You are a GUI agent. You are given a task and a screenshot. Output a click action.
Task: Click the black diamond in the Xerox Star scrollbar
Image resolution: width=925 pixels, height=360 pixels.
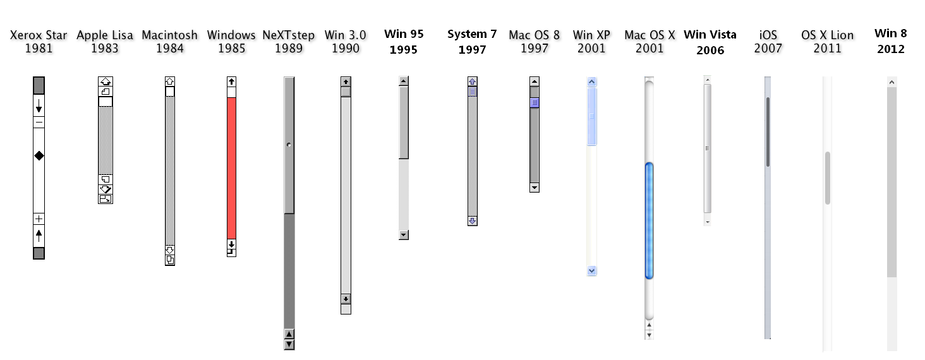39,155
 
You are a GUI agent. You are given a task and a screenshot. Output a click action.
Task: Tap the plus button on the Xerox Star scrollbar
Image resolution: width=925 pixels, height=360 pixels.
39,219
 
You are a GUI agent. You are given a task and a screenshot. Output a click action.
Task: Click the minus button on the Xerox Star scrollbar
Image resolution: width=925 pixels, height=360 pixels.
39,123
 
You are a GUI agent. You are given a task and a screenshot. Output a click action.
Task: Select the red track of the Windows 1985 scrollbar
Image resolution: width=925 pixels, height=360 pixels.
231,168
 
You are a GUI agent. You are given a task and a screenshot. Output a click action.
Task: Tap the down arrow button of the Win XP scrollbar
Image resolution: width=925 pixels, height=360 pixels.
592,270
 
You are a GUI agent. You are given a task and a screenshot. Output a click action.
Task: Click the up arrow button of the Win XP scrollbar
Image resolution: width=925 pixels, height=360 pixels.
592,81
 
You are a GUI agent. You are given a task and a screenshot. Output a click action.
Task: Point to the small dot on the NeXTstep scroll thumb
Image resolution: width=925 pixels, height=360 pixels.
289,145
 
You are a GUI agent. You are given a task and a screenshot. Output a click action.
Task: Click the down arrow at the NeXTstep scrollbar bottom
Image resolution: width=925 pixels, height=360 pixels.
289,344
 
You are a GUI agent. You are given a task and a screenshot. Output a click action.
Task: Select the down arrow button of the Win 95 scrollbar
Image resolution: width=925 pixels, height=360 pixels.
404,235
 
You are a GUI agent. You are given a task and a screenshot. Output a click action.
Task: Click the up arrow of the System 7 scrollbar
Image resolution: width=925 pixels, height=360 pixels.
473,81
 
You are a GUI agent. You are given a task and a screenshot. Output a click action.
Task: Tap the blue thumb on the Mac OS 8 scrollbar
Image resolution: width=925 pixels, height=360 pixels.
535,102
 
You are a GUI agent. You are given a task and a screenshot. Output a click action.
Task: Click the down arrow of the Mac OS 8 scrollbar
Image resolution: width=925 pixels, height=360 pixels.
535,188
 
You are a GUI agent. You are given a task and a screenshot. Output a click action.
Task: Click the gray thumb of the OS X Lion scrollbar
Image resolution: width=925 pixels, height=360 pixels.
827,177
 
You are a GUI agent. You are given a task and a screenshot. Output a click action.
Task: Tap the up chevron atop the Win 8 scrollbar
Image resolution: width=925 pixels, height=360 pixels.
892,81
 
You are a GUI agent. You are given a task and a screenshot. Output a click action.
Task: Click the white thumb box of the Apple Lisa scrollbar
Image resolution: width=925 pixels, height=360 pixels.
106,101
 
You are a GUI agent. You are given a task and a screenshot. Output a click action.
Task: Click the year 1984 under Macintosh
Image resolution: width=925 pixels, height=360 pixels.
169,49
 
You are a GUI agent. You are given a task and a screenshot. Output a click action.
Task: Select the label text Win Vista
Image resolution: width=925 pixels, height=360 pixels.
710,35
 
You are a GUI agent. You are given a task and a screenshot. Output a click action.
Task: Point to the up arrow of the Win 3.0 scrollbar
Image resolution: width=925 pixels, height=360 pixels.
346,81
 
